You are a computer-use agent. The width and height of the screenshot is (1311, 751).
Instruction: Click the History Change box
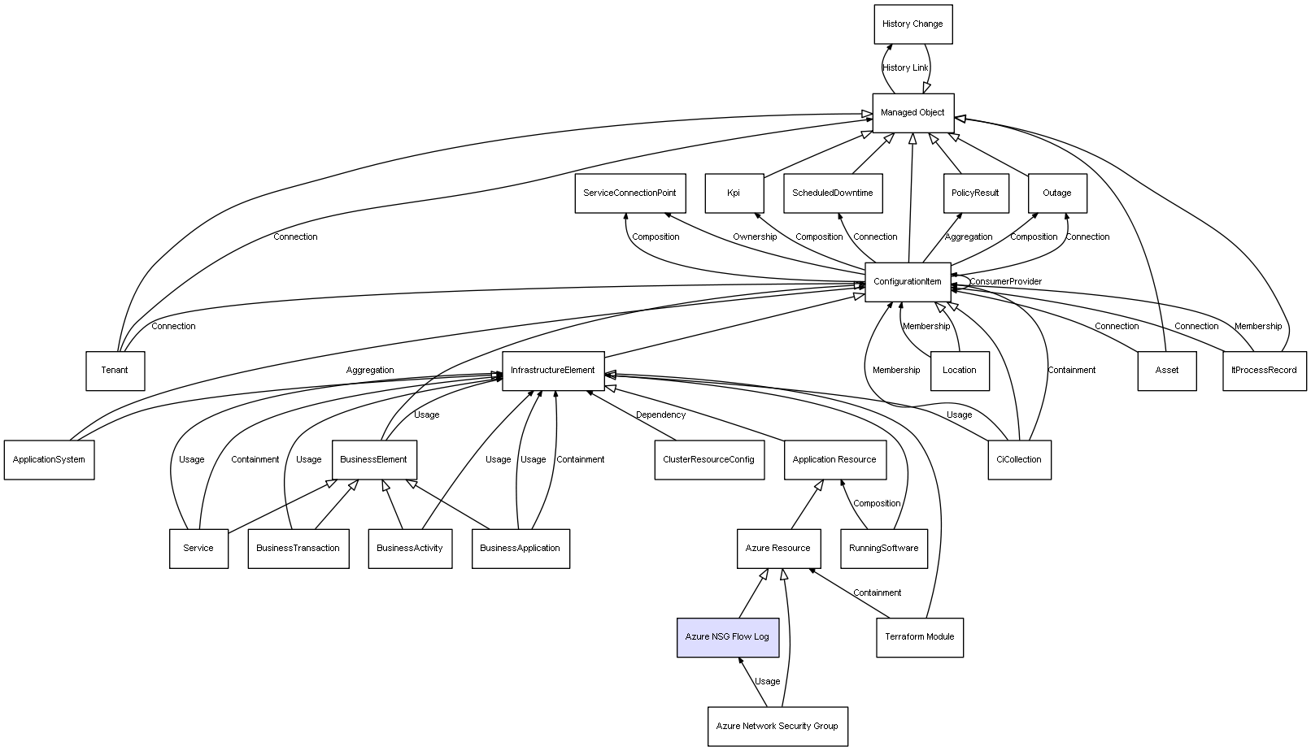click(912, 24)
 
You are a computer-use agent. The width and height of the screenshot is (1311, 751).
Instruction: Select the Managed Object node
click(912, 113)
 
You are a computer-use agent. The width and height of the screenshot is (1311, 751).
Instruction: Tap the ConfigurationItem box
click(908, 282)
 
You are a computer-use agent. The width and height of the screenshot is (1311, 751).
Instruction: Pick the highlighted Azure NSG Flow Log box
click(727, 637)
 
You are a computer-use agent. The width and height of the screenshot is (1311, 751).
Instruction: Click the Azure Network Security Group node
click(777, 726)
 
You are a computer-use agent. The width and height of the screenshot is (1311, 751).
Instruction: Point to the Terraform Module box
click(920, 637)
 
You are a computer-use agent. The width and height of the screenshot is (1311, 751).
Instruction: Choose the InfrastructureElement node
click(553, 371)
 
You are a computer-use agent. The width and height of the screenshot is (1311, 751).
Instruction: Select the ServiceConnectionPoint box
click(630, 193)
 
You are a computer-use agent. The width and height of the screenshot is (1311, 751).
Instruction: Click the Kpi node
click(734, 193)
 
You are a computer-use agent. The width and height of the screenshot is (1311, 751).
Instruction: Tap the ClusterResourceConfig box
click(709, 460)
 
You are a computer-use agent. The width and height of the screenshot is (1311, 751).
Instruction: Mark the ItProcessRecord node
click(1265, 371)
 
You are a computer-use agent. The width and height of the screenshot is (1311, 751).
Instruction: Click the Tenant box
click(115, 371)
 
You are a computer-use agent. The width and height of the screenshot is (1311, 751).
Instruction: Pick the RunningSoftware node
click(884, 549)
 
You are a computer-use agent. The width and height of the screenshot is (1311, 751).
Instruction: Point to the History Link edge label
click(905, 68)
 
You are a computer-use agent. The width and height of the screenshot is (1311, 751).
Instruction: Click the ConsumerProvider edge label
click(1005, 282)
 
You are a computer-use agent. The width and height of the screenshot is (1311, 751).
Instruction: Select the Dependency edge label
click(660, 415)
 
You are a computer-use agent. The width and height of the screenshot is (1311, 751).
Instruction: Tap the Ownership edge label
click(755, 237)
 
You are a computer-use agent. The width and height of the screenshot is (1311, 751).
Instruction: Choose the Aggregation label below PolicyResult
click(969, 237)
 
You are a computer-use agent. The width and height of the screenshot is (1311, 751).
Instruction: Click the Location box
click(960, 371)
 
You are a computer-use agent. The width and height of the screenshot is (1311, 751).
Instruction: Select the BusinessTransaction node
click(298, 549)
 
